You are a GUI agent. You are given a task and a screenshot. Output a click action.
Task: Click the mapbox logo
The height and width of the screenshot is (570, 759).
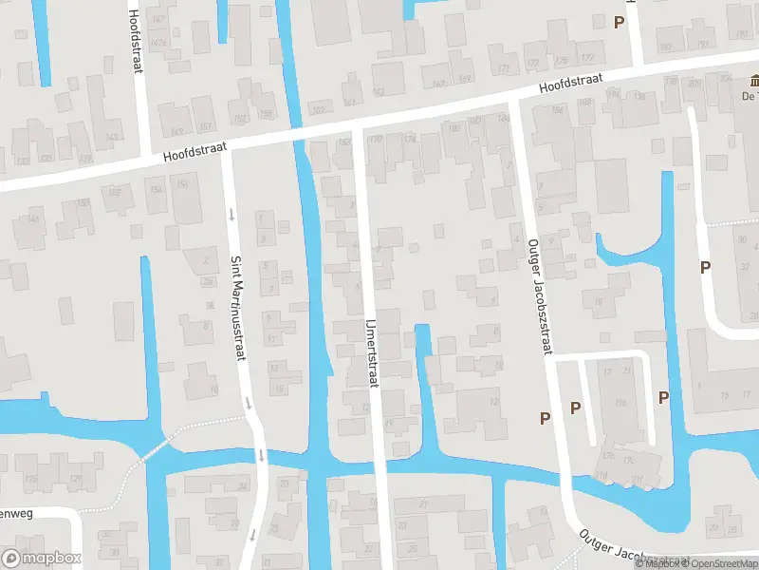coord(42,558)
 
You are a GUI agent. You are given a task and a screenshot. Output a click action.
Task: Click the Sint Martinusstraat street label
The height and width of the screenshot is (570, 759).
coord(238,305)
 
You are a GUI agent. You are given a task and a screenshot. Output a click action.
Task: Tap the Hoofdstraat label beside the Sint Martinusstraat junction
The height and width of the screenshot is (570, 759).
coord(197,149)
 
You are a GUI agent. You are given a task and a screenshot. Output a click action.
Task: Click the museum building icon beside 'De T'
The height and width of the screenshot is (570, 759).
coord(750,80)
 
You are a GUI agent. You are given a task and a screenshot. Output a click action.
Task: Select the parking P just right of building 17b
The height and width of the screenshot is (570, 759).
coord(663,397)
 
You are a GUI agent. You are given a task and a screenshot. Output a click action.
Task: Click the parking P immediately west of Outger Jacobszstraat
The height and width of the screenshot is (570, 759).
coord(545,417)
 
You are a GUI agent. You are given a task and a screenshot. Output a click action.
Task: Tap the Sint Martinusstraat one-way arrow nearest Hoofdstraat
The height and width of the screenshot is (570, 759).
coord(231,213)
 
